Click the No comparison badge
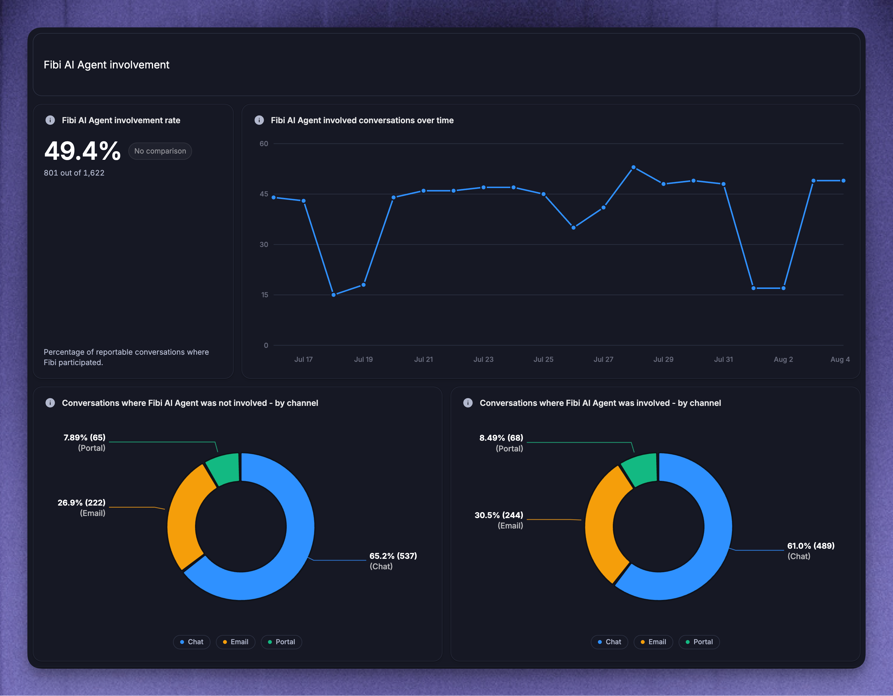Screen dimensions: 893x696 click(160, 151)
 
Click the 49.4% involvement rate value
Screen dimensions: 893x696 click(82, 151)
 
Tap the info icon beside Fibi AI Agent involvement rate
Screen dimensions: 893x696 click(50, 120)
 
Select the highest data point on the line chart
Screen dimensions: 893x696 click(633, 167)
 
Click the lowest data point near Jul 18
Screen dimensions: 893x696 click(334, 295)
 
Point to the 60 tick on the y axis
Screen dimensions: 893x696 click(264, 143)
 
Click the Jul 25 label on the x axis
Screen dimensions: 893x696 click(543, 359)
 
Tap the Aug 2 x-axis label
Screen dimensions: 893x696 click(783, 359)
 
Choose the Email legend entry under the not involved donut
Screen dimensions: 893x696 click(236, 642)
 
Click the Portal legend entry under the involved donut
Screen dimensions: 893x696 click(699, 642)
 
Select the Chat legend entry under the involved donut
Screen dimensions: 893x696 click(609, 642)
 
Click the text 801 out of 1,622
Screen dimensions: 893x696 click(74, 173)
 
